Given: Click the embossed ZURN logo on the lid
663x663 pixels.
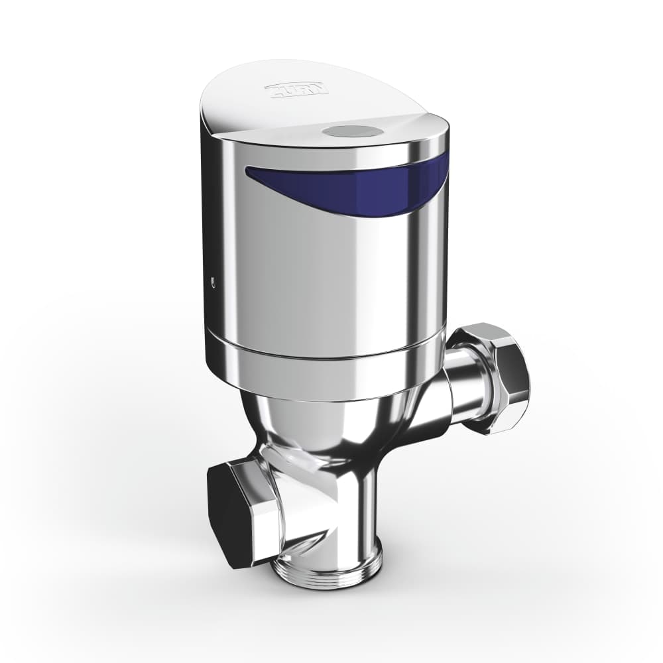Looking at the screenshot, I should pos(296,89).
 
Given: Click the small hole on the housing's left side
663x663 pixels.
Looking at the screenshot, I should pos(212,281).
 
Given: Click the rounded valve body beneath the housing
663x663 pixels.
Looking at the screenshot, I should pos(312,424).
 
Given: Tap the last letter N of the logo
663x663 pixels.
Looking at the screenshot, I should pos(320,88).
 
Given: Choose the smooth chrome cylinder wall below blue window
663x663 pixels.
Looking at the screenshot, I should pos(318,278).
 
